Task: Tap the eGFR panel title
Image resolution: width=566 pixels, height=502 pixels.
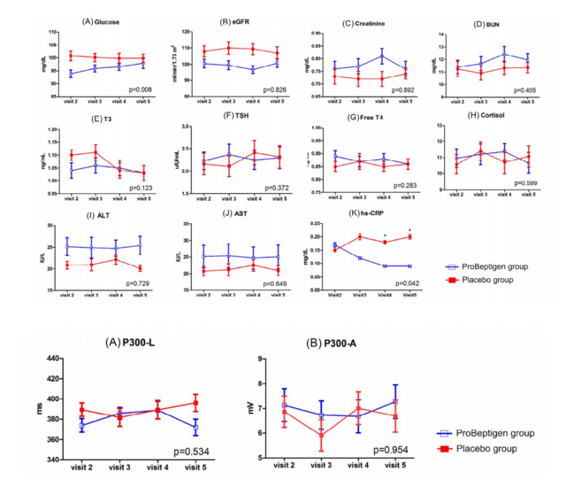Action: (231, 19)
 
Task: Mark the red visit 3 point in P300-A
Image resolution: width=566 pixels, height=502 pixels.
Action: (321, 435)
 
